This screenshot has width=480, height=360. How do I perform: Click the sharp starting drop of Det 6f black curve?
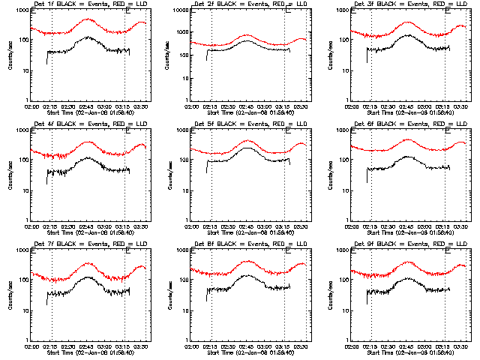click(x=367, y=176)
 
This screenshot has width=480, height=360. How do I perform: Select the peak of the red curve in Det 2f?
click(x=247, y=35)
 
